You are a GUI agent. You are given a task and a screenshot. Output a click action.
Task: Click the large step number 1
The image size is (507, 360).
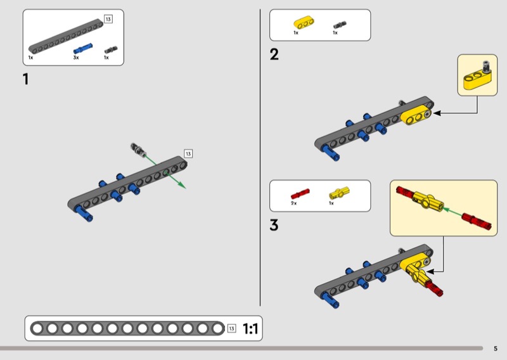click(x=26, y=79)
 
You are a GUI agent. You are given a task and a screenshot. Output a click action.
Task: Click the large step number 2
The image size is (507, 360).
click(x=274, y=54)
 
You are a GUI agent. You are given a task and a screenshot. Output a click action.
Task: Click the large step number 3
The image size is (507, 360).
click(x=274, y=225)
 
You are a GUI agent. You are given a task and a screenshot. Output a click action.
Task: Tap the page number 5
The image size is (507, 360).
click(x=496, y=349)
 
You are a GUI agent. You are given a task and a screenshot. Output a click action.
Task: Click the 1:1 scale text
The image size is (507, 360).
click(x=250, y=328)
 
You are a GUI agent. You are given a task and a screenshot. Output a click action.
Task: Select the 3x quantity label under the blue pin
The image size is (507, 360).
click(x=76, y=58)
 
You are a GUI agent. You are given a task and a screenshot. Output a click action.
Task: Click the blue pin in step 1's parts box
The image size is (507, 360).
click(x=83, y=48)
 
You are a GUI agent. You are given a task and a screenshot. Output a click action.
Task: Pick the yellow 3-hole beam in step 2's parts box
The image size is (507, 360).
click(x=304, y=22)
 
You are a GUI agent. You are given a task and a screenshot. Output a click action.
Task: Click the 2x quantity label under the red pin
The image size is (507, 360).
click(x=293, y=203)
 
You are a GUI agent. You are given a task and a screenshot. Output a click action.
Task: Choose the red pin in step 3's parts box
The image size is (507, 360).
click(x=300, y=193)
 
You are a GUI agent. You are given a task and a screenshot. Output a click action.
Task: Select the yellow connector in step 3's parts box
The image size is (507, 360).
click(x=339, y=193)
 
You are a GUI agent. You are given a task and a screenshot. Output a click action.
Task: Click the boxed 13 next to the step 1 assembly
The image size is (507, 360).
click(x=188, y=153)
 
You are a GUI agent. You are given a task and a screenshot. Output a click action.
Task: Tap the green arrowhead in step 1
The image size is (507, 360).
click(x=183, y=185)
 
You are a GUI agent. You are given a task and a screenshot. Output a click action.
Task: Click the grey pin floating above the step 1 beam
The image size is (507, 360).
click(x=138, y=150)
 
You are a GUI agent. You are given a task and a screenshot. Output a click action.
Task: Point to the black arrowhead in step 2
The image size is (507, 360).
click(x=437, y=113)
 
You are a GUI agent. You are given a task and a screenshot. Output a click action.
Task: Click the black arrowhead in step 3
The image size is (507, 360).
click(x=431, y=271)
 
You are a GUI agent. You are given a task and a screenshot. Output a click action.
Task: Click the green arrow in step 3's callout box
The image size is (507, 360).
click(x=452, y=212)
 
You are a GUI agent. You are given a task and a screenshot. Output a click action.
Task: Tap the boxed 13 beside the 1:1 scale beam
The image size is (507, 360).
click(x=231, y=328)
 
